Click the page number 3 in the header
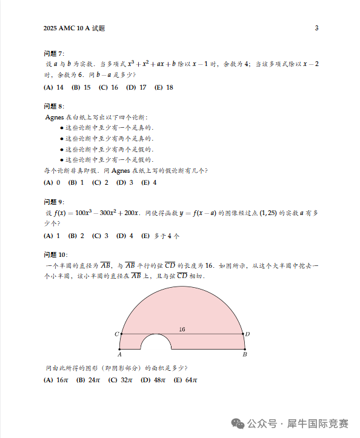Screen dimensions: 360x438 316,28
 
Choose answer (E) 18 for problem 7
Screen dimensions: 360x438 164,87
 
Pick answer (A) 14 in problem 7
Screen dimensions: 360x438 54,87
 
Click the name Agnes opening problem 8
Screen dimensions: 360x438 56,117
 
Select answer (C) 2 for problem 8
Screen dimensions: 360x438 100,182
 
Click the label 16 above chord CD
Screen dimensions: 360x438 182,329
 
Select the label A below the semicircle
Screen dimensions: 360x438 120,355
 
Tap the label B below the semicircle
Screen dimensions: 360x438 245,355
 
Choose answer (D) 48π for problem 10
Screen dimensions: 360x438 153,380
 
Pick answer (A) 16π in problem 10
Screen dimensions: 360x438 56,380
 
